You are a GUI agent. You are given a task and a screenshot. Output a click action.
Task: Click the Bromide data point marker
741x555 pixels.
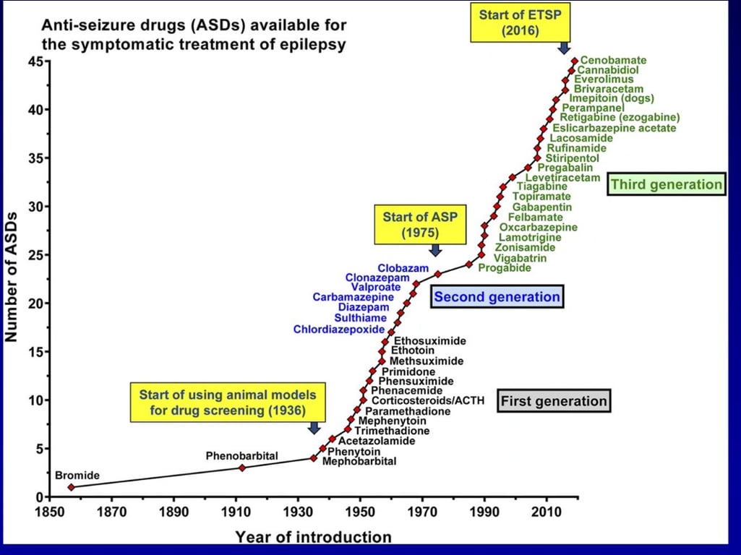[x=71, y=487]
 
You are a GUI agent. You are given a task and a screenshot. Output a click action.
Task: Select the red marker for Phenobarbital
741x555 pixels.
[x=242, y=468]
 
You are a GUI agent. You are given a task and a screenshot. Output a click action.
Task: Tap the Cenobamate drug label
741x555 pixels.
[x=613, y=61]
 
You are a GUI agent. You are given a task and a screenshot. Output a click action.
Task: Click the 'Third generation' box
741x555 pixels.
[x=666, y=184]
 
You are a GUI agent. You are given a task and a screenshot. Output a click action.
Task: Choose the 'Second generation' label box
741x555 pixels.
[x=497, y=297]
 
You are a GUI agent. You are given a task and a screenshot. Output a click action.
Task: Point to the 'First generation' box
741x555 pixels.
[x=554, y=401]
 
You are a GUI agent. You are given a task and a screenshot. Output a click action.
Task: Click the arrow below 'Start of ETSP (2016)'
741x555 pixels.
[x=565, y=47]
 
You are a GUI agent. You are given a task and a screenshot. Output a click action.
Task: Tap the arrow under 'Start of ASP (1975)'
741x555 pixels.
[x=435, y=249]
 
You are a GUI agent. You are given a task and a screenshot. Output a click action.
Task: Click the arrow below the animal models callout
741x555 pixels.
[x=314, y=427]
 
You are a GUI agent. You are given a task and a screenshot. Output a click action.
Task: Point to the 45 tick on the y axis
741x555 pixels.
[x=34, y=61]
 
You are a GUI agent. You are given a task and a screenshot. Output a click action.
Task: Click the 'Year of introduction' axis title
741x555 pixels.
[x=313, y=537]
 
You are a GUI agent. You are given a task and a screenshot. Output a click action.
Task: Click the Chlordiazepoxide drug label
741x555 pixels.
[x=339, y=330]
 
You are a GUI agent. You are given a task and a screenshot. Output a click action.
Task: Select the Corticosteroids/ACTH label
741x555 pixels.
[x=428, y=400]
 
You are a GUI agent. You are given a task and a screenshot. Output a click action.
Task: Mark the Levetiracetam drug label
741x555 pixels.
[x=562, y=177]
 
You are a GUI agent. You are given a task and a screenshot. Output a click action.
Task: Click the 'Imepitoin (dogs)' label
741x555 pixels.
[x=612, y=98]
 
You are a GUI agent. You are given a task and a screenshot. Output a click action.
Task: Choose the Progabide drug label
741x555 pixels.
[x=505, y=268]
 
